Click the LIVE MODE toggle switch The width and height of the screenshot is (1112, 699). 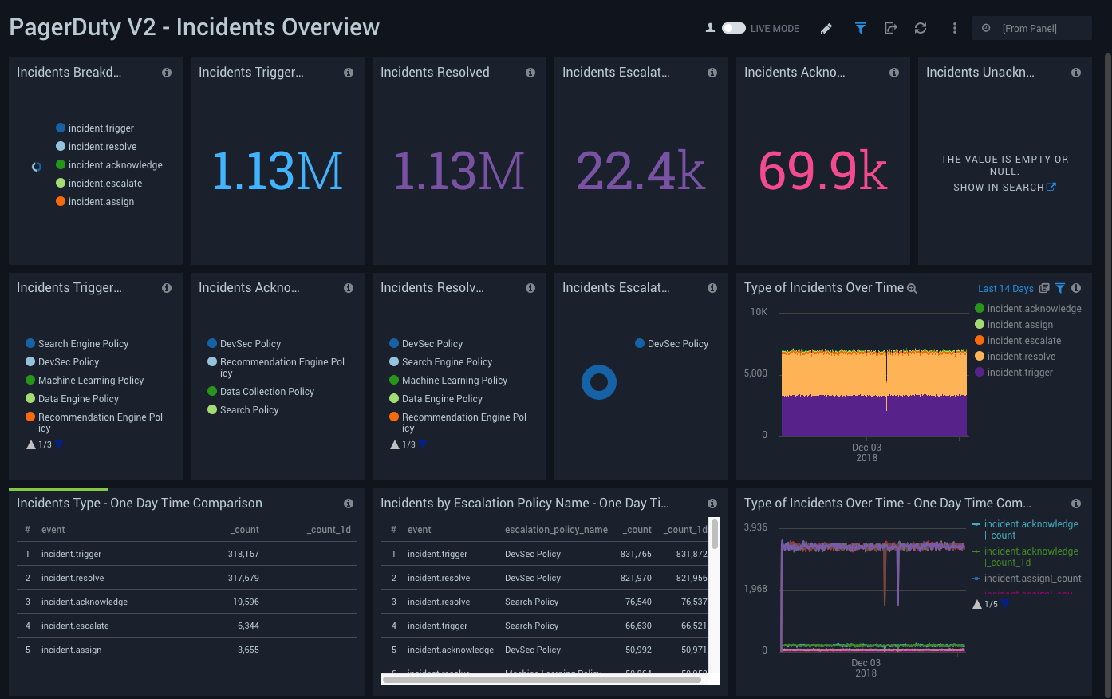coord(733,28)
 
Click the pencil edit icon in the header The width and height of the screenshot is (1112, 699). coord(826,29)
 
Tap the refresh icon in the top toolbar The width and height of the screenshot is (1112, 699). coord(921,28)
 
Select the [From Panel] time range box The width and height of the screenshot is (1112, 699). coord(1031,28)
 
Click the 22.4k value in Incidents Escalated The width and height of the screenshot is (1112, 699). coord(641,171)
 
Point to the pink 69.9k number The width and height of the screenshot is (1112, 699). coord(822,171)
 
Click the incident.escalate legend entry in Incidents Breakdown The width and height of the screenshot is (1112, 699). coord(105,184)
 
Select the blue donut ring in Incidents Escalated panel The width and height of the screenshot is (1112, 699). coord(599,382)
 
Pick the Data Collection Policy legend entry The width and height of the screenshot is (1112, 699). coord(266,392)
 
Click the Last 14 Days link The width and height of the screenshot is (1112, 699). coord(1005,289)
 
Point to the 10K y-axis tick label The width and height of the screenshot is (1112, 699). coord(759,312)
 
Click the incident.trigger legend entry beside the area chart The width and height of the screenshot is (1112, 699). coord(1019,373)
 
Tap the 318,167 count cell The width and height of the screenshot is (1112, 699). coord(243,554)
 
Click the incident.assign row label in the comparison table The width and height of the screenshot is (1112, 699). coord(72,650)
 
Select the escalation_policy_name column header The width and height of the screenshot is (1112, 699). coord(556,530)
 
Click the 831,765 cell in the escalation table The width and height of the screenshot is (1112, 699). coord(636,554)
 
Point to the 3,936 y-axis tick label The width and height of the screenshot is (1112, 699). coord(755,527)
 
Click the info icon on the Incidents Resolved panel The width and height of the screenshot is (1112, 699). coord(530,73)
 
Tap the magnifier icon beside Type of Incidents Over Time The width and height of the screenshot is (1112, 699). coord(912,289)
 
